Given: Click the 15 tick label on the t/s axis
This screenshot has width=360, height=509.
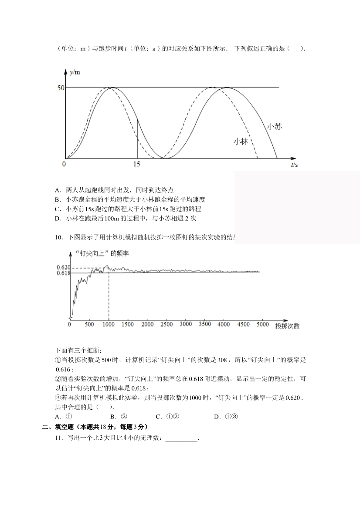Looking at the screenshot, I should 136,164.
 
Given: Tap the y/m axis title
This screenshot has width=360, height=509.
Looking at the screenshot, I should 75,72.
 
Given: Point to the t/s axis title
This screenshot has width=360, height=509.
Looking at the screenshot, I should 294,164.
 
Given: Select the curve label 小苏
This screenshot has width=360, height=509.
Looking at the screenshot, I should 274,126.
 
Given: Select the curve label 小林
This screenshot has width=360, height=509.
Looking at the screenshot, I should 241,141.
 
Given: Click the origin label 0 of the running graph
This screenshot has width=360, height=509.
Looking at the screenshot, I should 64,164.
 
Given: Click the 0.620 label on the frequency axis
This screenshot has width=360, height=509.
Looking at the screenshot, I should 63,267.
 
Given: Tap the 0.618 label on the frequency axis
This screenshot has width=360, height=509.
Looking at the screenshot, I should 63,273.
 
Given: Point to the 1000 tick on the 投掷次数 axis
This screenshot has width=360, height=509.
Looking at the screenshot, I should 109,324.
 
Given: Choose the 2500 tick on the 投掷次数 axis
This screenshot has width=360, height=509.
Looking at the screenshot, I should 166,324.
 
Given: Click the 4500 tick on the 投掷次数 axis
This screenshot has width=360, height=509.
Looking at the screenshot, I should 243,324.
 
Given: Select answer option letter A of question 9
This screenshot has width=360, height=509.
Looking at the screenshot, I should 58,190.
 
